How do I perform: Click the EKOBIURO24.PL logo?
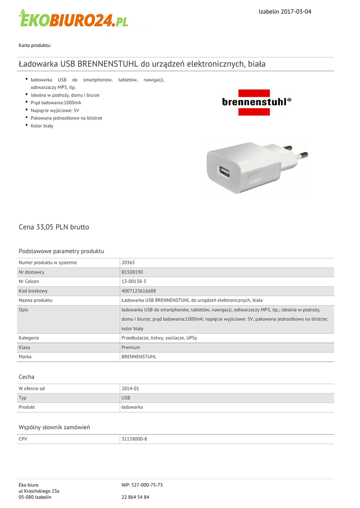click(73, 18)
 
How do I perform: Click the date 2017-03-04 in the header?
click(296, 11)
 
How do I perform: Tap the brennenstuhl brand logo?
click(256, 102)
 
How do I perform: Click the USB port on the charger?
click(223, 173)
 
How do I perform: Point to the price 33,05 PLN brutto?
click(54, 227)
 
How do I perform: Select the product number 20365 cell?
click(128, 262)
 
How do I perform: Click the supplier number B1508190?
click(132, 272)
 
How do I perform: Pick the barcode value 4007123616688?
click(139, 291)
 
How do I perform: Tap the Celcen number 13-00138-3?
click(134, 281)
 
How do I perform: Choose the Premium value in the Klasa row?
click(131, 347)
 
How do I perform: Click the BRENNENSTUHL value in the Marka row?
click(139, 357)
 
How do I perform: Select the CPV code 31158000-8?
click(134, 439)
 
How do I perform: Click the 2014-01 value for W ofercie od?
click(130, 388)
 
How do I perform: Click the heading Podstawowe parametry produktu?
click(61, 251)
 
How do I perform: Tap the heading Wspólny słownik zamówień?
click(54, 427)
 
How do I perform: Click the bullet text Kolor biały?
click(42, 126)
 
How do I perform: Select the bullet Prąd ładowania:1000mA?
click(56, 103)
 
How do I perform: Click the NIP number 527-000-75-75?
click(142, 485)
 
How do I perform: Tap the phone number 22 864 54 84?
click(135, 497)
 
